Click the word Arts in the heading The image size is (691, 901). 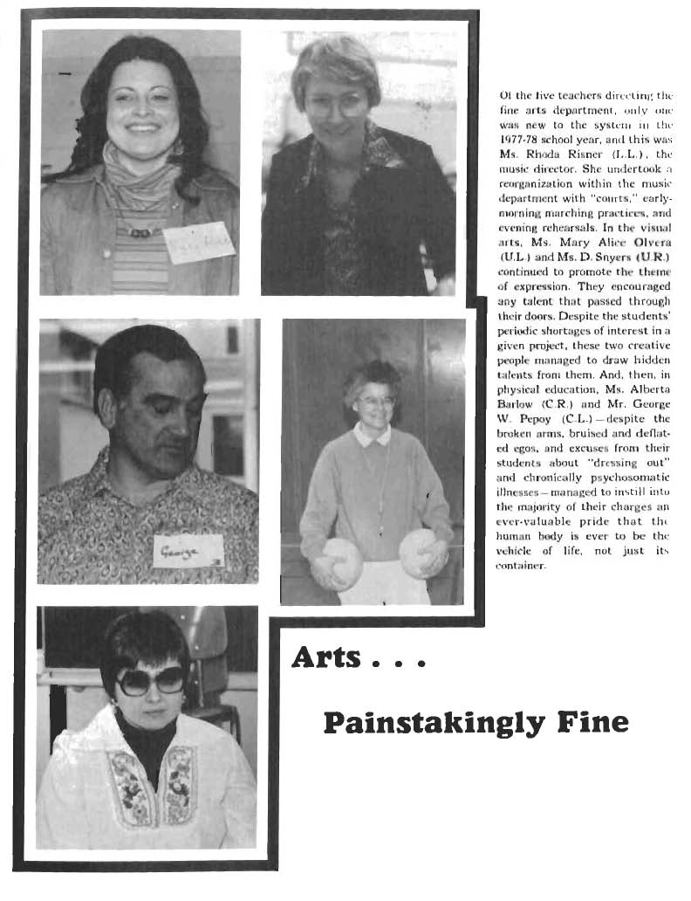point(326,657)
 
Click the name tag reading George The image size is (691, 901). point(187,551)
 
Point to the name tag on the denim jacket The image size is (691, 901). point(198,243)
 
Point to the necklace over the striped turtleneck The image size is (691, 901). point(140,231)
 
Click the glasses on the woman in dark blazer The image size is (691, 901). point(339,105)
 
